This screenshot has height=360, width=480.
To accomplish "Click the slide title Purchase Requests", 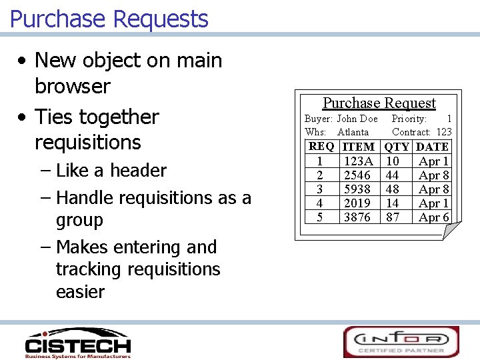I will [x=109, y=19].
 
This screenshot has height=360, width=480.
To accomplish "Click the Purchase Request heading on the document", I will [x=379, y=103].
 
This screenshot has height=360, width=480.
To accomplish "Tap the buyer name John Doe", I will [x=357, y=119].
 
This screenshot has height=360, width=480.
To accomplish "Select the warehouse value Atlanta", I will [x=353, y=132].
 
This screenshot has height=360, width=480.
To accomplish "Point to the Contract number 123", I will [x=444, y=132].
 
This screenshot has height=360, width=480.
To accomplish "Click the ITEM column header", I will [x=358, y=147].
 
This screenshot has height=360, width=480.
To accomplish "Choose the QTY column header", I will [x=397, y=147].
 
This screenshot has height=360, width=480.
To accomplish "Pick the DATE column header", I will [x=432, y=147].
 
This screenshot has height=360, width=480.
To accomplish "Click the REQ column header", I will [x=321, y=147].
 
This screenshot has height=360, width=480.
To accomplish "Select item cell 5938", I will [x=357, y=189].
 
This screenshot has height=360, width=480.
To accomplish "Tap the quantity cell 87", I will [x=393, y=217].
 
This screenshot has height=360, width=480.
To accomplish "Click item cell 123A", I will [x=358, y=161].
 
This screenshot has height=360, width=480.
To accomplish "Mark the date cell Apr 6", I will [x=433, y=217].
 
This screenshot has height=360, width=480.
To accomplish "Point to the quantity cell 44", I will [x=393, y=175].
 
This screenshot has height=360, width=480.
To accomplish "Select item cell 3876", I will [x=357, y=217].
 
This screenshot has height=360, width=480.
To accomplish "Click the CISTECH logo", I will [x=77, y=343].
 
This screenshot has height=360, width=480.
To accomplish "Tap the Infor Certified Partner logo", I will [x=401, y=342].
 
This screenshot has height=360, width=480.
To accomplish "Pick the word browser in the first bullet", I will [x=72, y=87].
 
